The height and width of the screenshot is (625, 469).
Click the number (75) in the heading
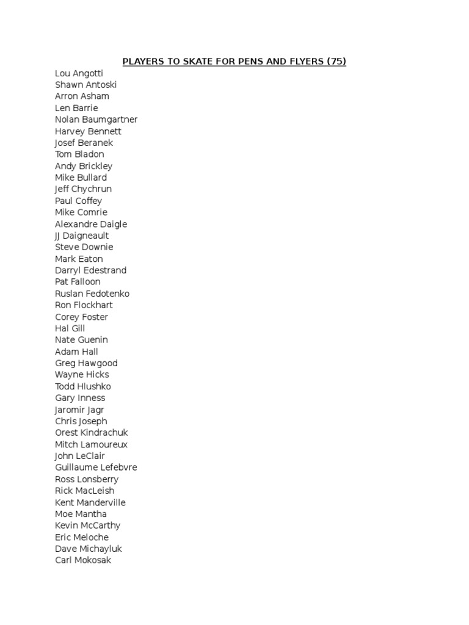click(x=336, y=62)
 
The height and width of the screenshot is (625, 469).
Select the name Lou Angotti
click(x=79, y=73)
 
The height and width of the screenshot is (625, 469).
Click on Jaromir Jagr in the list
click(x=79, y=410)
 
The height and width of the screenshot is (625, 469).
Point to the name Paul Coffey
click(x=78, y=201)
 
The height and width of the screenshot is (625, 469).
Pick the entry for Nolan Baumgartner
click(x=96, y=120)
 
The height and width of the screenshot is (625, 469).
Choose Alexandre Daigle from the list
click(x=91, y=224)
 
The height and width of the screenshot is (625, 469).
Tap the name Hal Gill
click(x=70, y=328)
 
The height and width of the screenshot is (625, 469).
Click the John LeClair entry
click(x=80, y=456)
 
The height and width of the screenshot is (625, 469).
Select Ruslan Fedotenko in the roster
click(x=92, y=294)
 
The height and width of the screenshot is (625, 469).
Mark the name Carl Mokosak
click(x=83, y=560)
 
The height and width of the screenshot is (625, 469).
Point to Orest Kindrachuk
click(x=92, y=433)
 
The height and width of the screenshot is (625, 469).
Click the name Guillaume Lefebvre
click(x=96, y=468)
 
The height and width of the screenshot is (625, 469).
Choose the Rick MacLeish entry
click(x=84, y=491)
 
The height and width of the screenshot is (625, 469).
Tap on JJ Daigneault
click(x=82, y=236)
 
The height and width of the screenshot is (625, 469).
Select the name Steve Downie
click(x=84, y=247)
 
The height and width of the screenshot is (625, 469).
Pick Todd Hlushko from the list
click(x=83, y=386)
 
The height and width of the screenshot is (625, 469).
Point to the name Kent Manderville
click(x=90, y=502)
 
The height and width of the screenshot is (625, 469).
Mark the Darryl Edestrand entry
click(x=90, y=270)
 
